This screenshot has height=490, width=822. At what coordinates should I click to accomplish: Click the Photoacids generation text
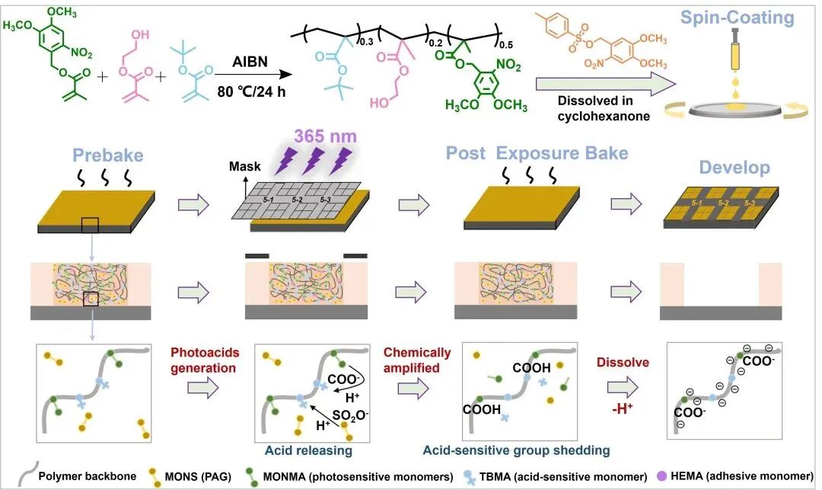pyautogui.click(x=205, y=360)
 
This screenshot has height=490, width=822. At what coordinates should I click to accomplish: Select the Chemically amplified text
pyautogui.click(x=413, y=360)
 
